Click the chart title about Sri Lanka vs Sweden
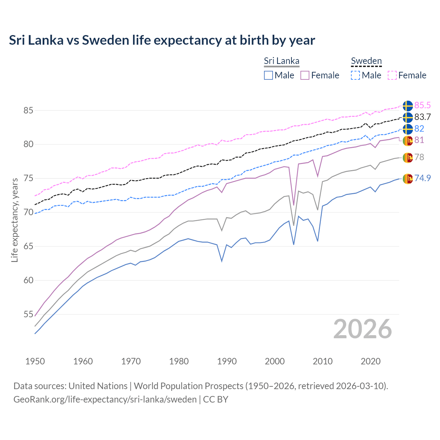point(162,40)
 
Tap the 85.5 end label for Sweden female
point(422,105)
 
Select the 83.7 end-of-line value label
point(422,117)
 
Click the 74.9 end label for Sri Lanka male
point(422,178)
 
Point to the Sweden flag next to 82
point(408,129)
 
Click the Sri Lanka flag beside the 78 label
point(408,157)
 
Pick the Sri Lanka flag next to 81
point(408,141)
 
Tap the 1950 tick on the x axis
point(35,361)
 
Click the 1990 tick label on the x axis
point(227,361)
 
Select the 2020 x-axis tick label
point(371,361)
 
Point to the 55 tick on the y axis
point(29,315)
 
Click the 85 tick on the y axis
point(29,111)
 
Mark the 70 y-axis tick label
point(29,212)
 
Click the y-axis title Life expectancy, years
point(15,220)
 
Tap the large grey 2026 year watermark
point(362,329)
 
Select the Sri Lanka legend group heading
point(282,61)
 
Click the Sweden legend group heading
point(366,61)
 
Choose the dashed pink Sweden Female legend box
point(392,75)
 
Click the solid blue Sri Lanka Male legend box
point(268,75)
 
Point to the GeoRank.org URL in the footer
point(105,399)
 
